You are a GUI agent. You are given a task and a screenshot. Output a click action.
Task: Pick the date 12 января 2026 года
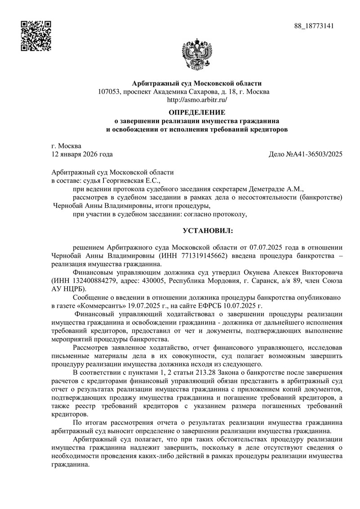pos(82,154)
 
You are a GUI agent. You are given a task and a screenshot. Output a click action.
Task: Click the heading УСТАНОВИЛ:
pos(208,231)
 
